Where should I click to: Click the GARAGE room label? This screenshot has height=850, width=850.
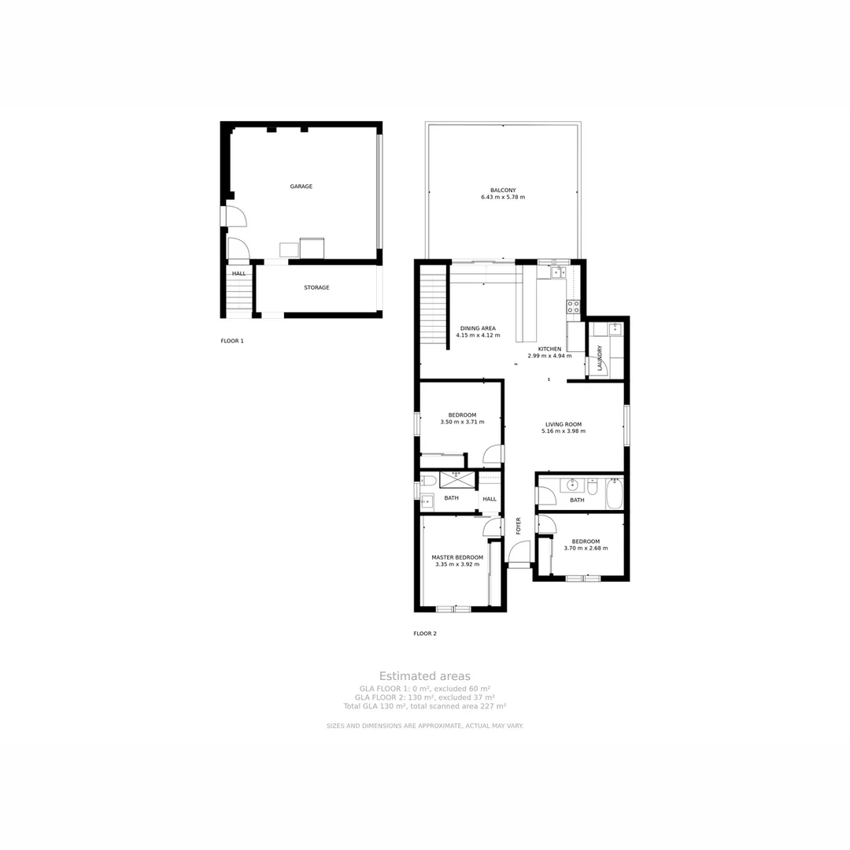click(301, 187)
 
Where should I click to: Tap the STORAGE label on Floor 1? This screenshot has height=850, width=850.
click(316, 287)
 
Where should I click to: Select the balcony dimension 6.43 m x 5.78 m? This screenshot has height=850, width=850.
click(503, 197)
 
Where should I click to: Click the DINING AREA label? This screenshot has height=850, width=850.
click(478, 328)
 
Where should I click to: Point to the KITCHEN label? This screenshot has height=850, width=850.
click(549, 349)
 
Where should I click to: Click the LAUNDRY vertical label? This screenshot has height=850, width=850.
click(600, 357)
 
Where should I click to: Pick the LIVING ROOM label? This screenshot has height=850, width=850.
click(564, 424)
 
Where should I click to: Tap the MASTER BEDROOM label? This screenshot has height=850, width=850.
click(457, 557)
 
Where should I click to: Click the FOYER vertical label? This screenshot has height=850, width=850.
click(519, 526)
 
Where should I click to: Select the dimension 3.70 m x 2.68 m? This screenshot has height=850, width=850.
click(586, 549)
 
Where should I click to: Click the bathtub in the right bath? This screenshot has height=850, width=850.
click(614, 493)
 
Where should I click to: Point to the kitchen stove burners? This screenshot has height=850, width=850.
click(574, 306)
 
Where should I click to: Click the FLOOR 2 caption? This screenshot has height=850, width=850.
click(425, 633)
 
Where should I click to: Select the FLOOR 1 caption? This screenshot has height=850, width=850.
click(232, 341)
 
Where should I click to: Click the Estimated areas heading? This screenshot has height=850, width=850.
click(425, 676)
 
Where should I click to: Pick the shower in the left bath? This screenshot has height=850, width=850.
click(455, 479)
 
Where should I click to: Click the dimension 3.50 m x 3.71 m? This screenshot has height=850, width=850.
click(462, 422)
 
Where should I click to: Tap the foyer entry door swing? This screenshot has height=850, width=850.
click(519, 555)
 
